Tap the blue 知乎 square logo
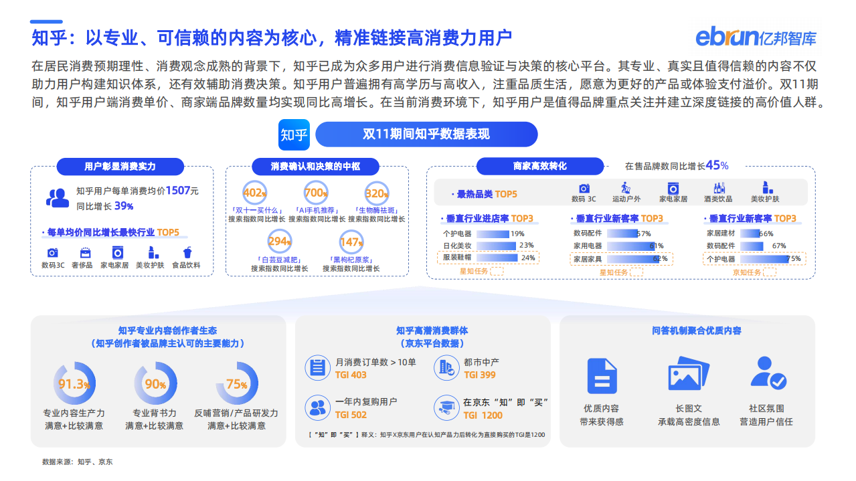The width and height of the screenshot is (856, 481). pyautogui.click(x=294, y=135)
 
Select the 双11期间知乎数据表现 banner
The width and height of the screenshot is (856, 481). pyautogui.click(x=426, y=134)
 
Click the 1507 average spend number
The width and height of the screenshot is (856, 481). pyautogui.click(x=178, y=191)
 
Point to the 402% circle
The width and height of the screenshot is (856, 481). pyautogui.click(x=254, y=193)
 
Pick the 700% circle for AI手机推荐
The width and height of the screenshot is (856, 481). pyautogui.click(x=316, y=193)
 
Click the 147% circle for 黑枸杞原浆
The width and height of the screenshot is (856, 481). pyautogui.click(x=351, y=242)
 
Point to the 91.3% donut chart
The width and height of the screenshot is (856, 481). pyautogui.click(x=74, y=384)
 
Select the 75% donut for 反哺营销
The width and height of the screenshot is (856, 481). pyautogui.click(x=237, y=384)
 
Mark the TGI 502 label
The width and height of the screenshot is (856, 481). pyautogui.click(x=351, y=415)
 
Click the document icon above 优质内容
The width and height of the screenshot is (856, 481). pyautogui.click(x=601, y=375)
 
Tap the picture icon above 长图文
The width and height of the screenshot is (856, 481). pyautogui.click(x=689, y=375)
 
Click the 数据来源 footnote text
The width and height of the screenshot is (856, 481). pyautogui.click(x=77, y=462)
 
